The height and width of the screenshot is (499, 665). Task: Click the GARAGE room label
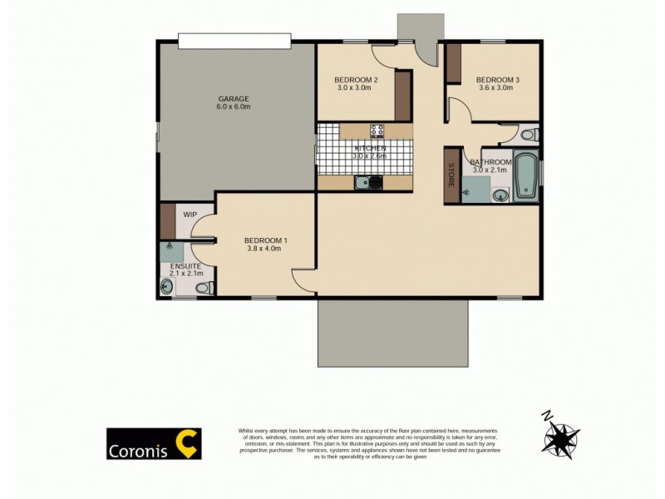[x=233, y=99]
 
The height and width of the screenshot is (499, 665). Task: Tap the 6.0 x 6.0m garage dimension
[x=233, y=107]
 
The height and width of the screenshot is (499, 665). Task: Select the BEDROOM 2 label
[x=357, y=80]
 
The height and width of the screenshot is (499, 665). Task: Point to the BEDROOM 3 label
[x=497, y=80]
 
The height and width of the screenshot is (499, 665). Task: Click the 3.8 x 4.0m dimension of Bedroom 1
[x=266, y=248]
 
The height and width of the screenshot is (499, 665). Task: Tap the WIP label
[x=190, y=215]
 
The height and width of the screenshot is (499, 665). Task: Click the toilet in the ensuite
[x=202, y=288]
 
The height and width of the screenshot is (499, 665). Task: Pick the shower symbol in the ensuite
[x=170, y=247]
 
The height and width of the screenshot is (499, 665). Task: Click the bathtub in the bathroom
[x=525, y=176]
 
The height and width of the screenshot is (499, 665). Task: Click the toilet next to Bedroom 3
[x=527, y=134]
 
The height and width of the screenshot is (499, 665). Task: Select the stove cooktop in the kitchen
[x=377, y=131]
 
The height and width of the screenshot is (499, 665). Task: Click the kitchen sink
[x=367, y=183]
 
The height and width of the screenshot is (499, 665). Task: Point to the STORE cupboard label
[x=452, y=175]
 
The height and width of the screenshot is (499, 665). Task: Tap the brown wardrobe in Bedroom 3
[x=453, y=64]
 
